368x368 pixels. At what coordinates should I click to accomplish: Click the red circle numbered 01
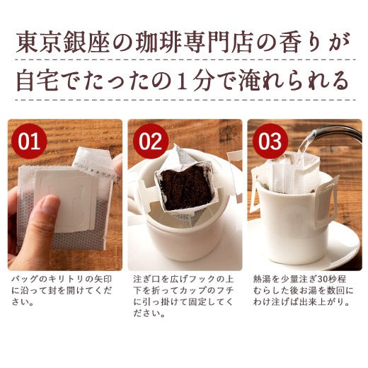pyautogui.click(x=29, y=141)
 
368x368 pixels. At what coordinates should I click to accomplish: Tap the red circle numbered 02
pyautogui.click(x=151, y=141)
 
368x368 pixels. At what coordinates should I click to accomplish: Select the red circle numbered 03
pyautogui.click(x=270, y=141)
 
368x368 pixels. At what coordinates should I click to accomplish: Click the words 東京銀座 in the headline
pyautogui.click(x=63, y=44)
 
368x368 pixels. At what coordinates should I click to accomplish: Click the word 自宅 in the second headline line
pyautogui.click(x=38, y=81)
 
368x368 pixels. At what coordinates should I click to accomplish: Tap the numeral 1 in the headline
pyautogui.click(x=183, y=81)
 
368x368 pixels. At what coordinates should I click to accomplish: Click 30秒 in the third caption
pyautogui.click(x=327, y=280)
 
